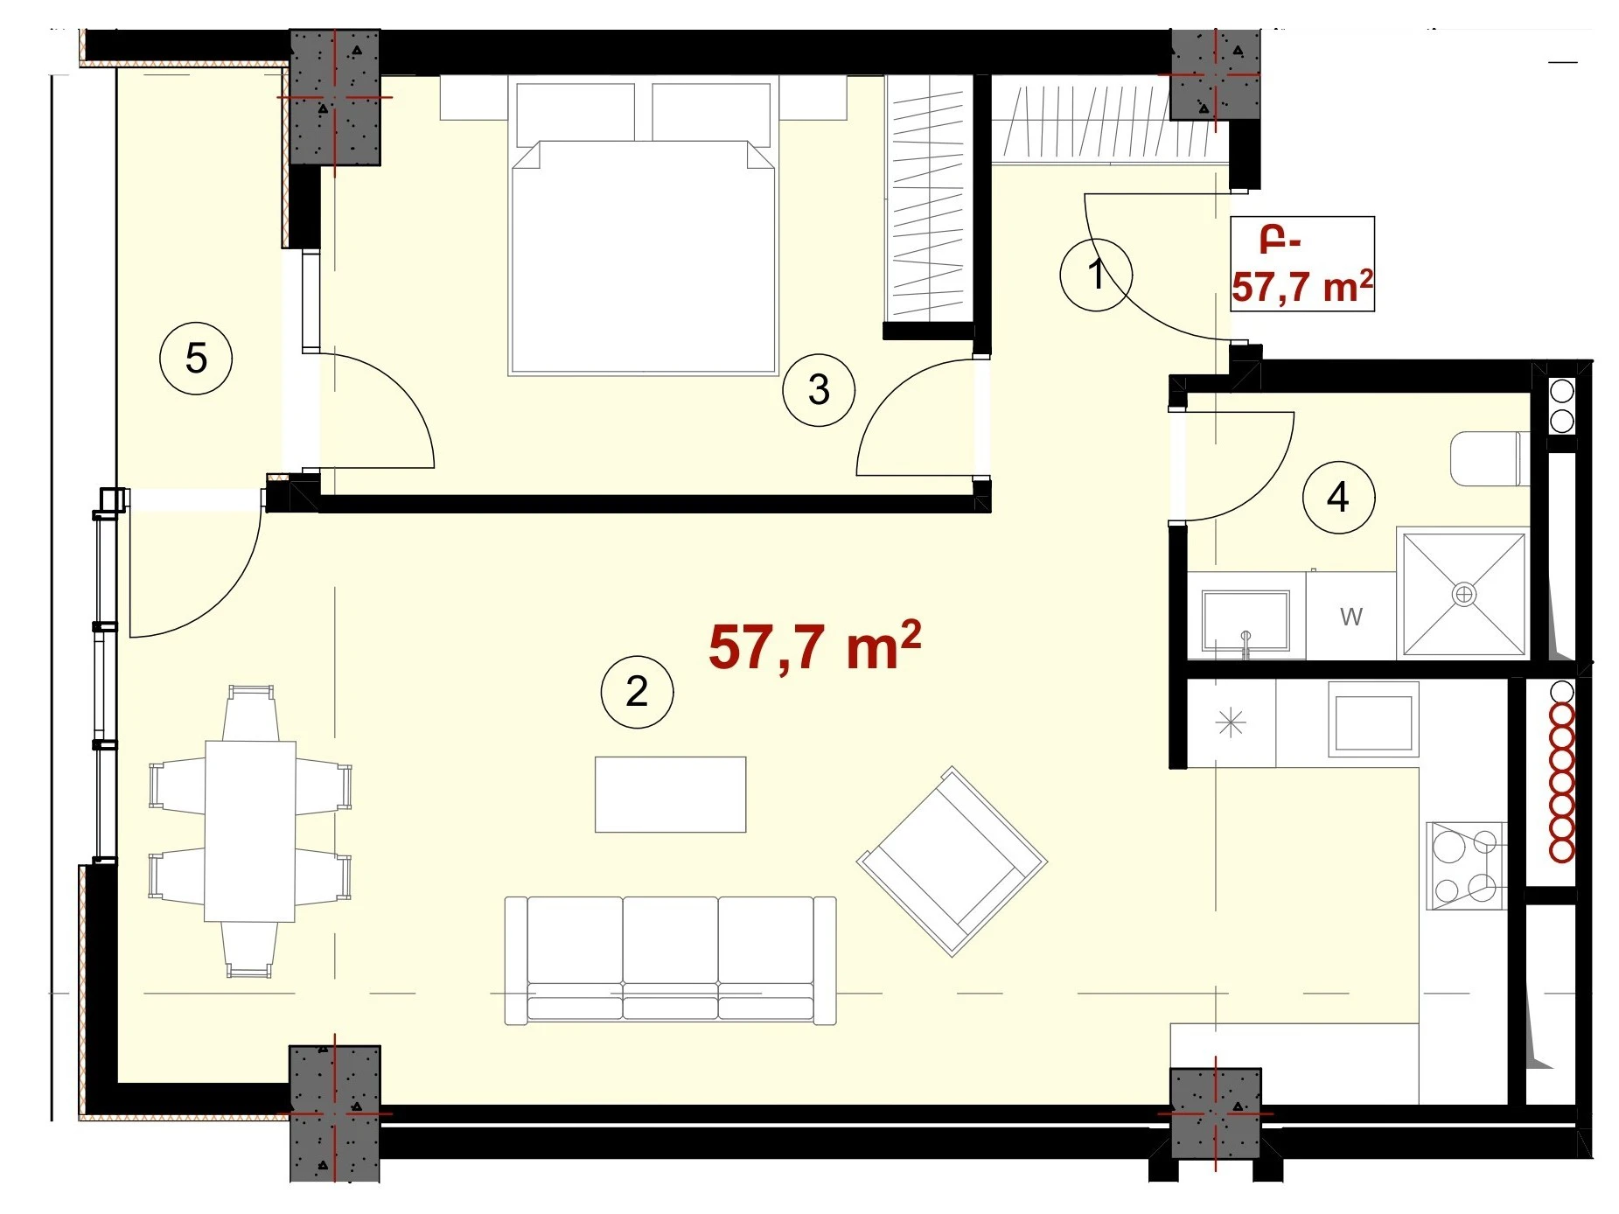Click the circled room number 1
1095,275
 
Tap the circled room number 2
637,692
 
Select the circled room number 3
819,389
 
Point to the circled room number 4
1338,497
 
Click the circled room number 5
196,358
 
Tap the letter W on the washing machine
1351,617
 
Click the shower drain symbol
1463,595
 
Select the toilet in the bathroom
1490,458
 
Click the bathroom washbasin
1246,620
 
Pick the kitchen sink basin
1372,724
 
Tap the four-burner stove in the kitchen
1466,865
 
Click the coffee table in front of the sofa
670,794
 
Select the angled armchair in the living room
952,862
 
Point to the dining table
250,831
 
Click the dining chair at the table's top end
251,713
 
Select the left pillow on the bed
576,114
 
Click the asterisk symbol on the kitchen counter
1231,723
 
